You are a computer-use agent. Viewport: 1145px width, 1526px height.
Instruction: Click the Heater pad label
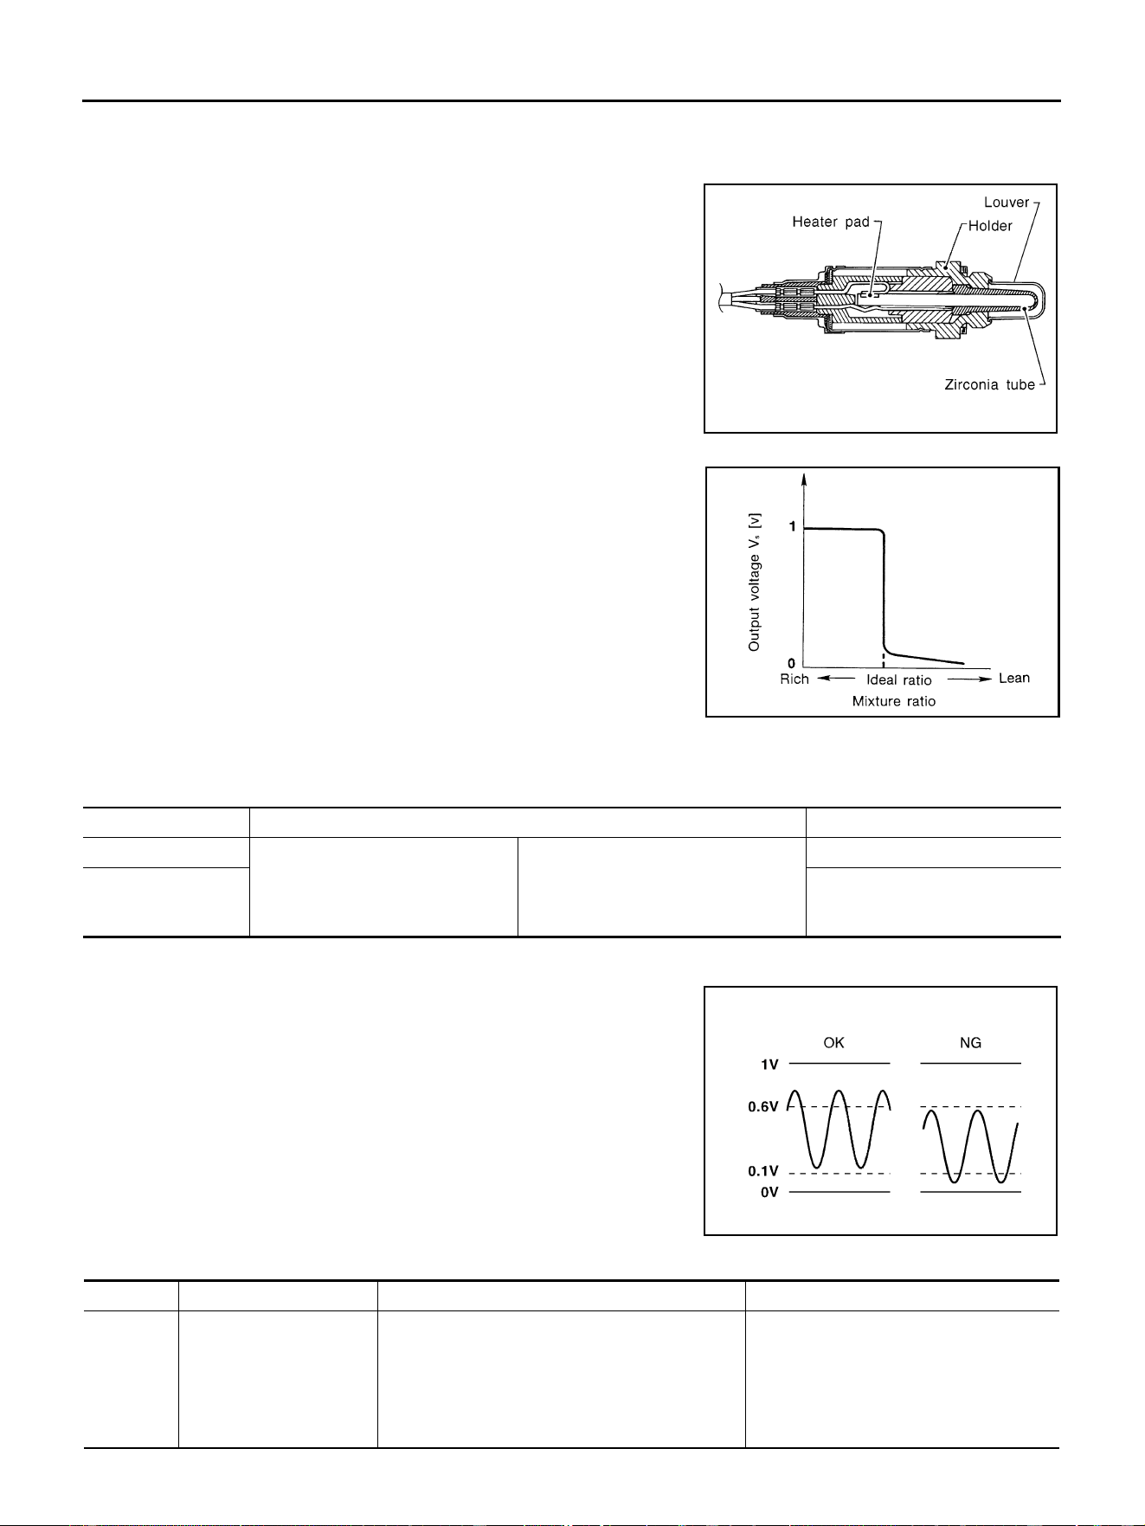click(831, 222)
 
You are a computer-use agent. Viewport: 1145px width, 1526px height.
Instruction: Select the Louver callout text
click(1007, 203)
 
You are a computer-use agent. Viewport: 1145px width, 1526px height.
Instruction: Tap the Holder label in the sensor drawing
click(990, 226)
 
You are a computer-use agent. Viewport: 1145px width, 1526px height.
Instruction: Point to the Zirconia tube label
click(989, 384)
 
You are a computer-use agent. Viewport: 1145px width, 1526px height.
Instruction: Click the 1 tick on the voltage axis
click(792, 527)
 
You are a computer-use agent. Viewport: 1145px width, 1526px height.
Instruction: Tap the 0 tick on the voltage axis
click(792, 664)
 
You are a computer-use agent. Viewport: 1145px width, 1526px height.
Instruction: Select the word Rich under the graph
click(794, 679)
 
